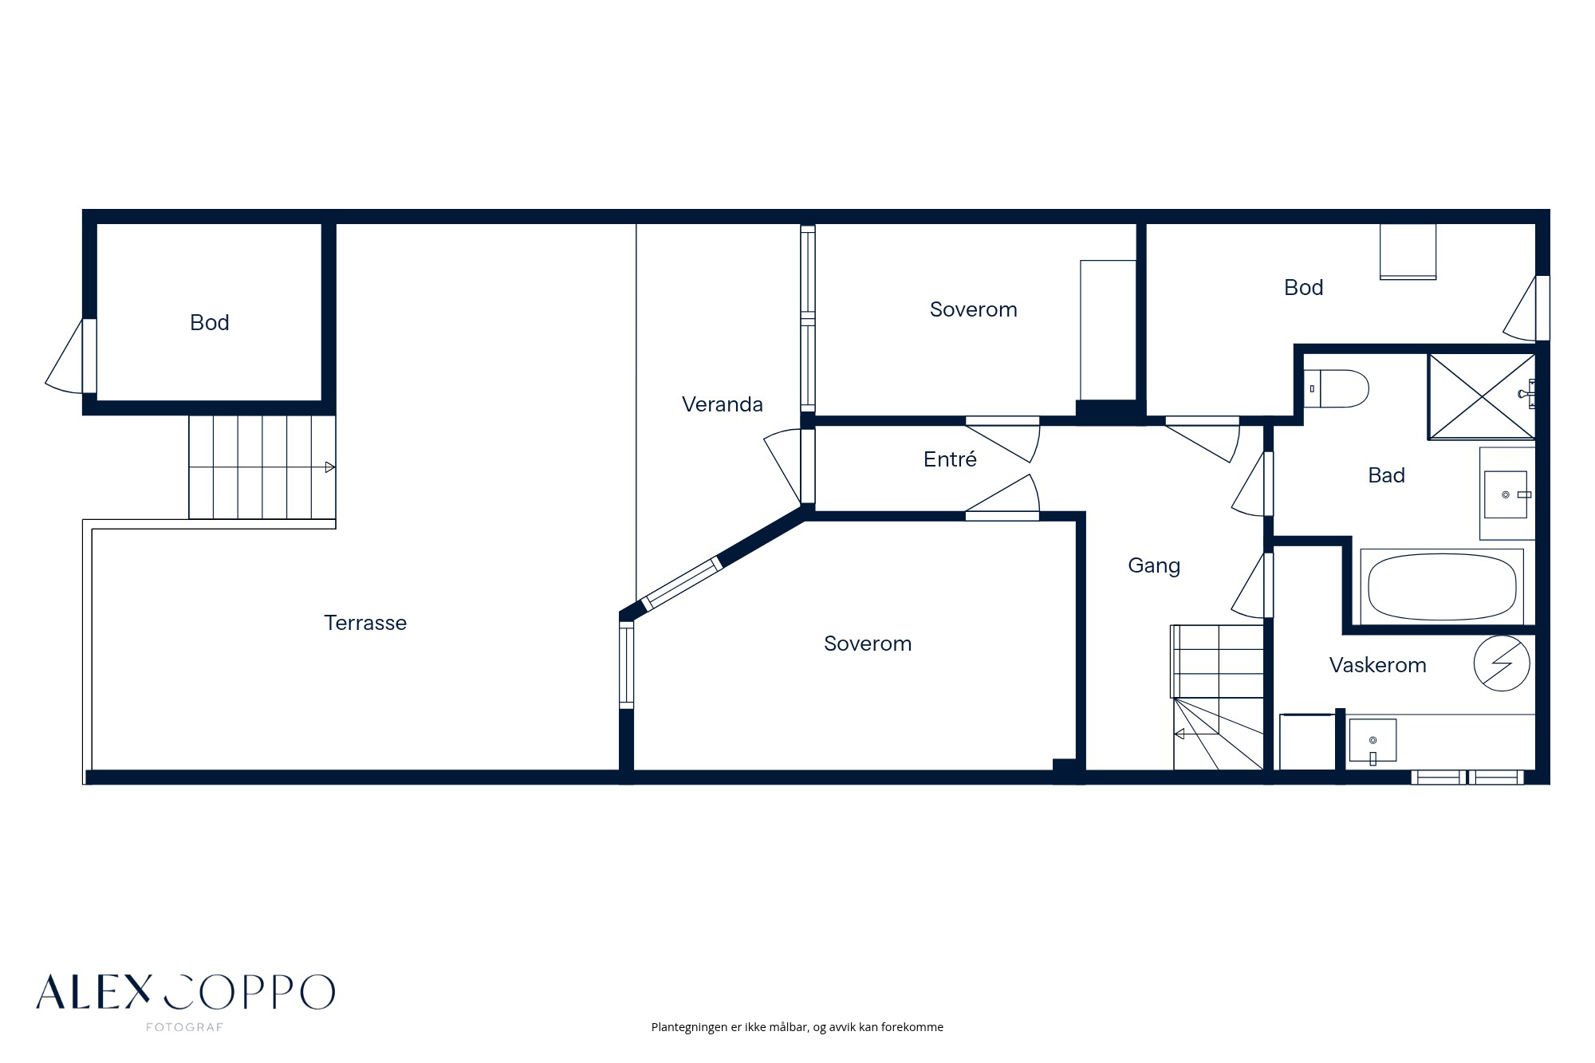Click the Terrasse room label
click(365, 623)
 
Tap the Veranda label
click(723, 404)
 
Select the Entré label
click(950, 459)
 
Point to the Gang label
click(1154, 566)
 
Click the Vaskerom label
click(1377, 665)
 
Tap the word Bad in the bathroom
click(1386, 475)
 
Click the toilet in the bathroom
click(1336, 389)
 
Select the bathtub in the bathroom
click(1442, 586)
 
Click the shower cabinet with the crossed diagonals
click(1482, 396)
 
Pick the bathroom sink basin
click(1506, 494)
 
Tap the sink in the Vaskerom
click(1372, 740)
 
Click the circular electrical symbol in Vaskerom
click(1502, 663)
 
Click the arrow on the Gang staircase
click(1196, 734)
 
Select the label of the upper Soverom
click(973, 309)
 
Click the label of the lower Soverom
click(868, 644)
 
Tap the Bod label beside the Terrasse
click(210, 322)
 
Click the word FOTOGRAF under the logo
click(184, 1027)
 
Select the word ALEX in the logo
click(93, 992)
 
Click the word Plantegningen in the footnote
click(690, 1027)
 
